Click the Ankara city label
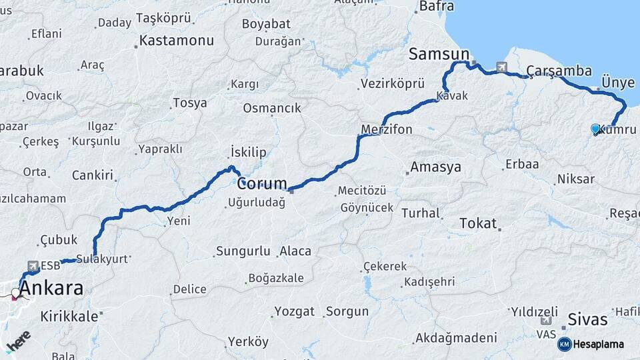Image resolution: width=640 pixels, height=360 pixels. (52, 289)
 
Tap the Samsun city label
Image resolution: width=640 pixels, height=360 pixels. (439, 54)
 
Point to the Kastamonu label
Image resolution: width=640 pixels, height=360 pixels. (177, 41)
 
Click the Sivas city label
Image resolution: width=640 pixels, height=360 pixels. (587, 319)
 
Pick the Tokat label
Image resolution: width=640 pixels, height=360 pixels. (478, 223)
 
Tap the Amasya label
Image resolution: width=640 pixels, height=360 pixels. (436, 167)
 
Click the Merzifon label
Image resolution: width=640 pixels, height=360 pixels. (387, 129)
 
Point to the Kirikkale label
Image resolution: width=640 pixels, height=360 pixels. (69, 316)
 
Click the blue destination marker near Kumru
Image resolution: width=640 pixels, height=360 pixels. (595, 129)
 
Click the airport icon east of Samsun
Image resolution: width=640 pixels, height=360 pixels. (501, 67)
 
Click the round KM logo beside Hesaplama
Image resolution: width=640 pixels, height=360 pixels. (564, 345)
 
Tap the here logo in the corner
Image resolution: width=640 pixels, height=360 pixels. (18, 341)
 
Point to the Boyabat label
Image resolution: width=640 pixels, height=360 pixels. (266, 23)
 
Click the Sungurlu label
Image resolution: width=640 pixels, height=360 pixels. (242, 251)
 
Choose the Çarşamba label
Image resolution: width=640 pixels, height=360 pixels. (559, 71)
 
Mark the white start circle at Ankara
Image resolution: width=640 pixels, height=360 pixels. (15, 293)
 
